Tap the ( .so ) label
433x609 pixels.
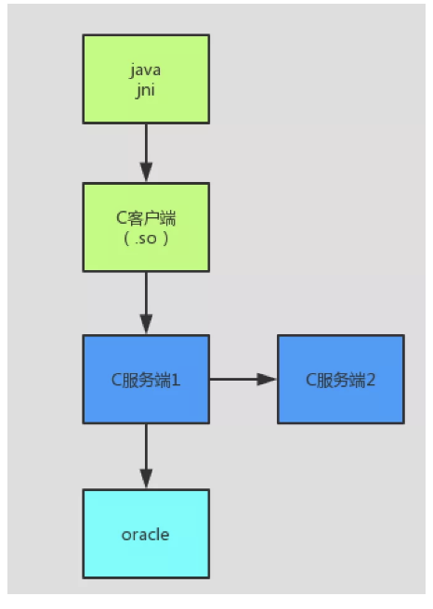click(145, 239)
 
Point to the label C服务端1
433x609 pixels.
click(145, 379)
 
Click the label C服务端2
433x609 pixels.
click(340, 379)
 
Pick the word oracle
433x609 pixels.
click(145, 534)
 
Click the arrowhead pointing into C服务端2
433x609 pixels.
click(268, 379)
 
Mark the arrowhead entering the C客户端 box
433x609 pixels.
click(145, 173)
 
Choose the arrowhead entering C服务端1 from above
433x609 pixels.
click(145, 325)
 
